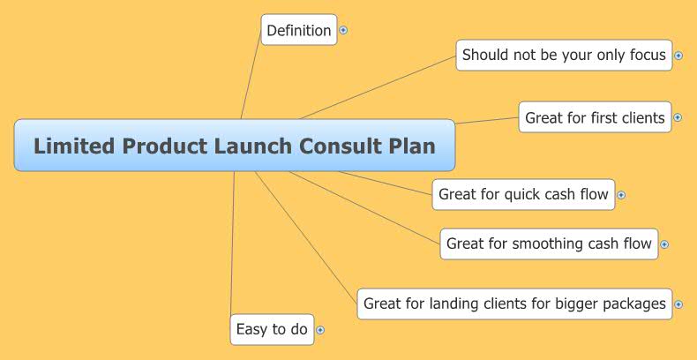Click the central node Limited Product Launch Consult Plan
click(235, 146)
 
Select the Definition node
click(299, 30)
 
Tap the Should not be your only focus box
click(564, 55)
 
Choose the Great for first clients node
click(595, 117)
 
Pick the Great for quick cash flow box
click(523, 194)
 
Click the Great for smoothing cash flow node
click(549, 244)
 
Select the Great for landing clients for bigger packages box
click(514, 304)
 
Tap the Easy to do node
click(272, 329)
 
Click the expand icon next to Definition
click(343, 30)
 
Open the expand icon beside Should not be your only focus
click(678, 56)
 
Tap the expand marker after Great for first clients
click(678, 117)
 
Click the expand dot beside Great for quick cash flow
click(621, 195)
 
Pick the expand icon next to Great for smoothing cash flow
click(664, 244)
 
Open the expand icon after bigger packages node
click(678, 304)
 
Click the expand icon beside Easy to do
click(320, 330)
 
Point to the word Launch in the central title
click(250, 146)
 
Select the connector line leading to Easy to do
click(232, 247)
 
